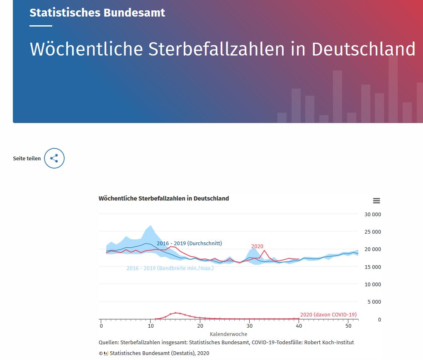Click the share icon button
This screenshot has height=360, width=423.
[x=54, y=158]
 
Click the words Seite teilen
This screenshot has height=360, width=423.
[x=27, y=159]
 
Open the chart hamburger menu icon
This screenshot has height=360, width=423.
[x=377, y=201]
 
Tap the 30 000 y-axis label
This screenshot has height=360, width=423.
[x=373, y=215]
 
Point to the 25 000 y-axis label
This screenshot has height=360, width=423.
[x=373, y=232]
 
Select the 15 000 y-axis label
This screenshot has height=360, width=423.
[x=373, y=267]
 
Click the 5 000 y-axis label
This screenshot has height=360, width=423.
[x=374, y=302]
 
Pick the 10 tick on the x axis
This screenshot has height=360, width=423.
[x=150, y=326]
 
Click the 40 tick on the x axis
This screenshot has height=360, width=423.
[x=299, y=326]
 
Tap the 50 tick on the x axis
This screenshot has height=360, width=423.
[x=348, y=326]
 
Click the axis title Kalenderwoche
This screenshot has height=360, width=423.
[x=229, y=334]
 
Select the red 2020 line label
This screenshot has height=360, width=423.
[x=257, y=246]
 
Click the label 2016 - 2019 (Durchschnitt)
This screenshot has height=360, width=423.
[x=189, y=244]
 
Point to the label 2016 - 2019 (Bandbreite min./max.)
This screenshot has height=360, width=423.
[x=170, y=268]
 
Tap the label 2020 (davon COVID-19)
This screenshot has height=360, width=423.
[x=328, y=315]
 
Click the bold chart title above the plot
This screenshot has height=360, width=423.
[x=164, y=198]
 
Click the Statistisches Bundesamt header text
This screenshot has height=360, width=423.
[x=97, y=12]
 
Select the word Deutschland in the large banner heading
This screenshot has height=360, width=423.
[x=363, y=49]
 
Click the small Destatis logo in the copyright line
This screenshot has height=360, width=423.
[x=106, y=353]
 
